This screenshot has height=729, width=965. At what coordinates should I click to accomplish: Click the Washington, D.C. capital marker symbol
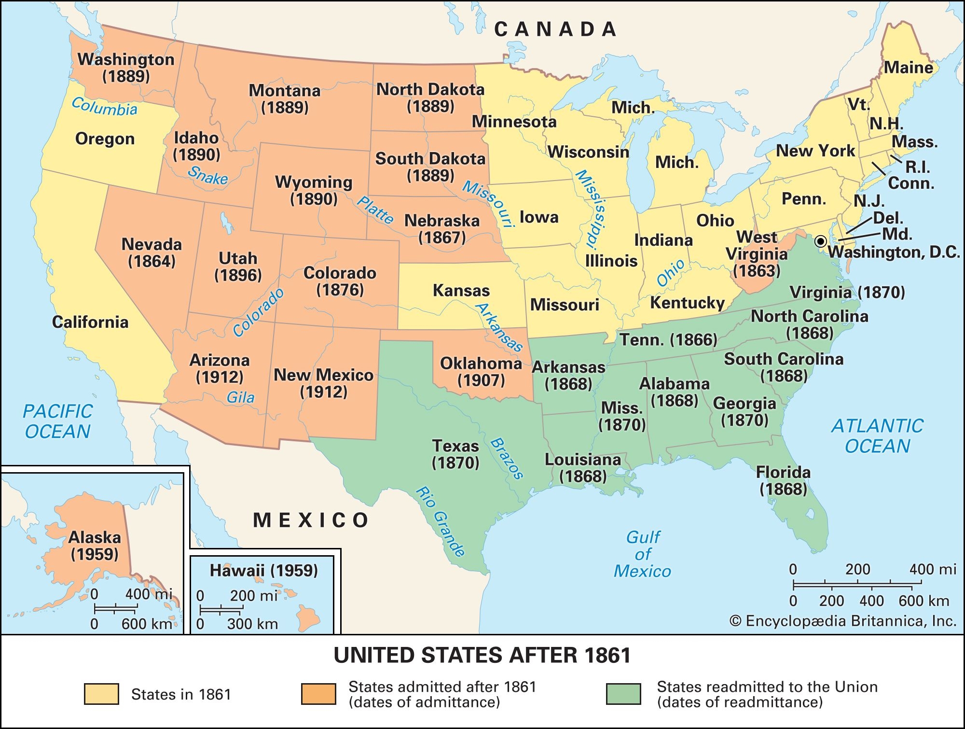point(821,241)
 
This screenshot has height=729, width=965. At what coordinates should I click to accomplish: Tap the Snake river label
point(207,175)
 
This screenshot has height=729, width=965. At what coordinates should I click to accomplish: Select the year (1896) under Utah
point(238,275)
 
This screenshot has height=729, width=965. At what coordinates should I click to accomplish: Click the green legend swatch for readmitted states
point(623,694)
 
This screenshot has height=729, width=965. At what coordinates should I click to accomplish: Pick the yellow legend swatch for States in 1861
point(101,694)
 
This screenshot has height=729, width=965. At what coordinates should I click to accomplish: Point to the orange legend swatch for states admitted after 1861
point(318,694)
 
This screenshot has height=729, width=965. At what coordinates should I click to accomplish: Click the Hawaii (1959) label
point(263,571)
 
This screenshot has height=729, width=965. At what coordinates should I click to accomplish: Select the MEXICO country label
point(311,520)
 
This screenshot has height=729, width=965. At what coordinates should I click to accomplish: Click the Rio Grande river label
point(441,521)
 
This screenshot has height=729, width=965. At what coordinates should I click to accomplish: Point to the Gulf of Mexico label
point(642,554)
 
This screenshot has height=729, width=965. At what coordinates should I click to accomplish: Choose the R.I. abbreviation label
point(917,167)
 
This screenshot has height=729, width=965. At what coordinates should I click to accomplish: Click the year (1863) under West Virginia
point(756,270)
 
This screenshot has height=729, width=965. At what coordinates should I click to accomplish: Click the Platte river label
point(375,210)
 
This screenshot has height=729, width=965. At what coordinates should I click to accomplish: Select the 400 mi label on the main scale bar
point(932,570)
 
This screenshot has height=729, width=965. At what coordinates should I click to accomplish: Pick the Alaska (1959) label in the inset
point(95,546)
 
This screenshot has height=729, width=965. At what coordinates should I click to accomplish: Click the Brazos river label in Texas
point(507,459)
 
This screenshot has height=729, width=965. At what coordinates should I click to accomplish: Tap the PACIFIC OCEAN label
point(57,421)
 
